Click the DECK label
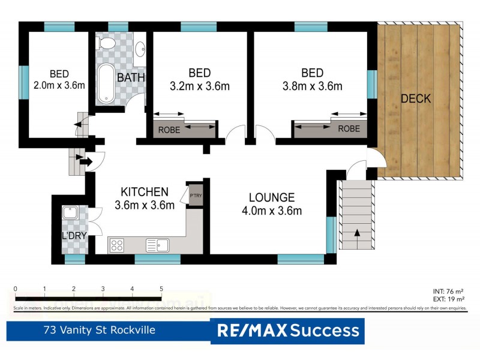(x=416, y=98)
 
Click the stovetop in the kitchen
(x=117, y=245)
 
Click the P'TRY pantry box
(x=195, y=196)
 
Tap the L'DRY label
(x=75, y=236)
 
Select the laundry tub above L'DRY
(x=70, y=213)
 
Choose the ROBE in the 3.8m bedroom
(x=349, y=128)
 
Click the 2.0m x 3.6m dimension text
(x=59, y=85)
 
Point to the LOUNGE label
(x=272, y=197)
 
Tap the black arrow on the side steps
(x=84, y=161)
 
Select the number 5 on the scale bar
(x=161, y=289)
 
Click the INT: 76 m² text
(x=448, y=290)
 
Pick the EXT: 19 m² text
(x=448, y=298)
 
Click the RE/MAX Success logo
(x=287, y=331)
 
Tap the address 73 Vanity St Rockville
(x=100, y=330)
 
